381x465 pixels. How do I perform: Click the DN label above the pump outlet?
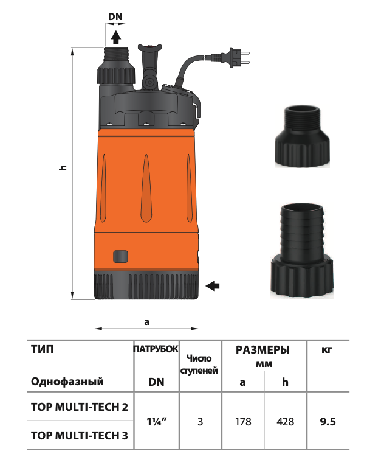coord(115,16)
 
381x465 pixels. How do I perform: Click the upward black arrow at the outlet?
coord(115,37)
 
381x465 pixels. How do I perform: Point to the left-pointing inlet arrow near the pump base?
coord(213,286)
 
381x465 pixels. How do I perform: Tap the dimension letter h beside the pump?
coord(63,168)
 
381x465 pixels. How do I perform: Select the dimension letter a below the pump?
coord(147,322)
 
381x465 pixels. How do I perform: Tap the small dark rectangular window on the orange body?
coord(121,256)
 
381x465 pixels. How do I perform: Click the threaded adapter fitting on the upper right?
coord(302,137)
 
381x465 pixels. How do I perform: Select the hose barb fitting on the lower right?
coord(302,251)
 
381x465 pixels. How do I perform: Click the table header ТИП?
coord(43,349)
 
